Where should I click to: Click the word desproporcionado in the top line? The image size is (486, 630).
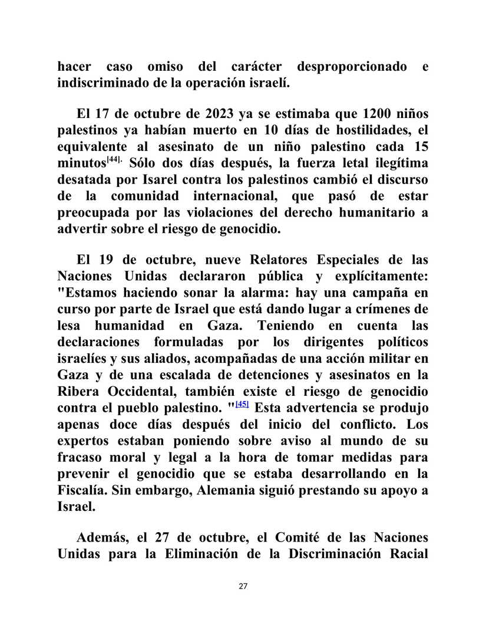point(352,67)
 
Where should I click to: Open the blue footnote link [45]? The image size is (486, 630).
point(242,405)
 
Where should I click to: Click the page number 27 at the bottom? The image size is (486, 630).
point(243,586)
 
